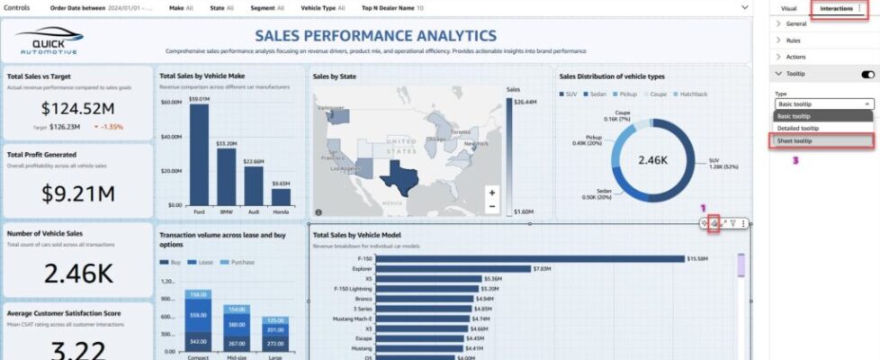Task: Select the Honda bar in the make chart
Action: [281, 195]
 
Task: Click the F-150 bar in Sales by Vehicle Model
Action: [530, 259]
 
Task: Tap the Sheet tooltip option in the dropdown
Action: [822, 141]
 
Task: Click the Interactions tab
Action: [836, 8]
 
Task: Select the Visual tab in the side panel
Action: [788, 8]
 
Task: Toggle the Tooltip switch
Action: [867, 74]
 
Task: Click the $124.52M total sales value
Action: [76, 109]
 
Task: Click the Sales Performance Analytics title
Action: [375, 36]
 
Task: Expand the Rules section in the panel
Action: [794, 40]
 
